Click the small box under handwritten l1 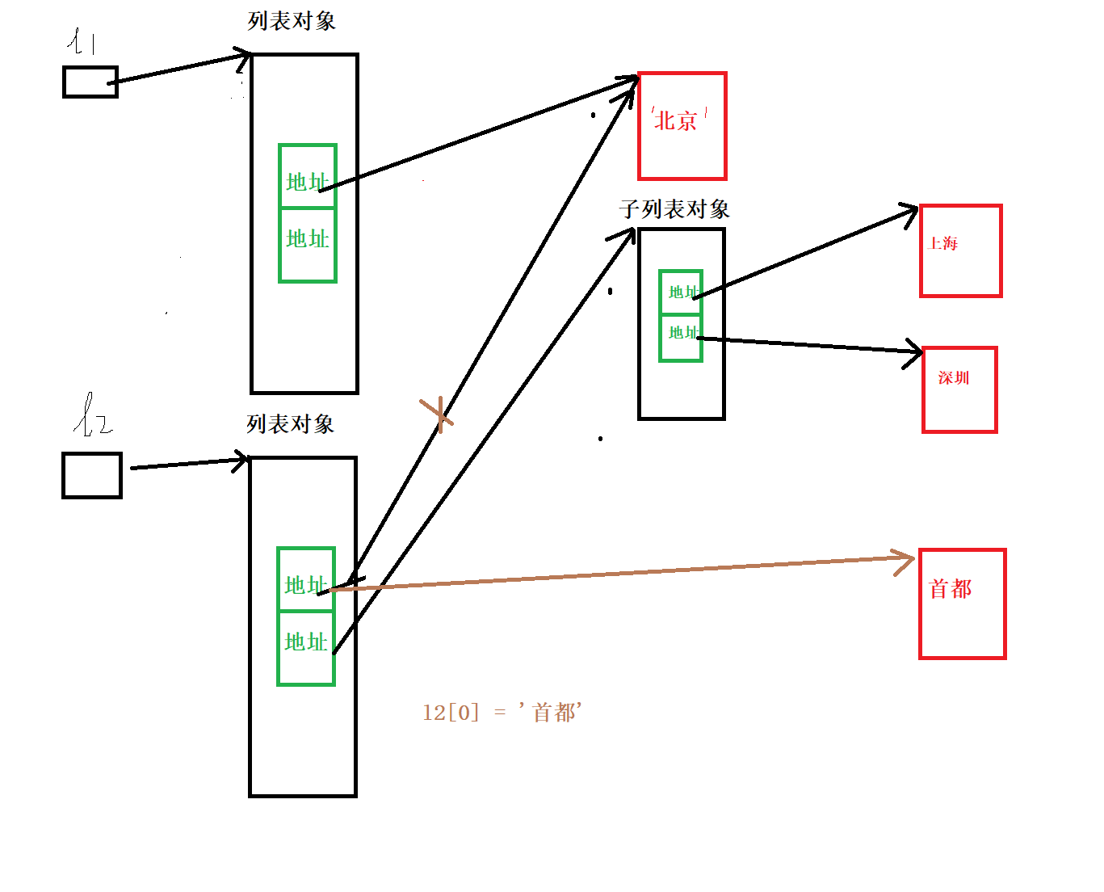[x=90, y=82]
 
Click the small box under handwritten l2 [x=91, y=475]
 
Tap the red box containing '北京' [x=682, y=126]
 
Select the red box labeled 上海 [x=960, y=250]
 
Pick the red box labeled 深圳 [x=959, y=389]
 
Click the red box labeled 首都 [x=962, y=604]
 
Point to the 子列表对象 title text [x=674, y=210]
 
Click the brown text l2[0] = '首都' [x=502, y=712]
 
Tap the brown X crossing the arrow [x=437, y=414]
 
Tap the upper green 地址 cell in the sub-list [x=680, y=292]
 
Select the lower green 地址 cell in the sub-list [x=680, y=338]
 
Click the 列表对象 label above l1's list [x=292, y=21]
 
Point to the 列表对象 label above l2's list [x=290, y=424]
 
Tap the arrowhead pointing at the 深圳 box [x=915, y=352]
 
